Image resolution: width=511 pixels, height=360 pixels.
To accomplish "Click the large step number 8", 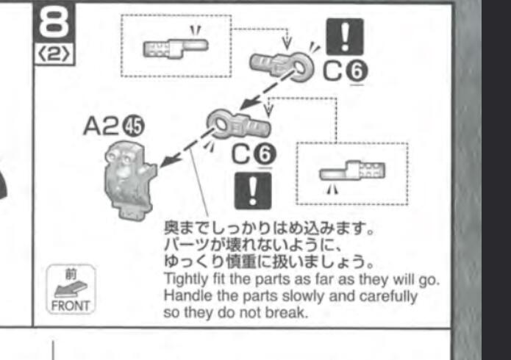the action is coord(54,22).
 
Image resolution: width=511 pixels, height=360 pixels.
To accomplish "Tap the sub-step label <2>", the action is coord(54,54).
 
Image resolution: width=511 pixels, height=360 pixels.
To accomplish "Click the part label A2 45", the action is coord(114,126).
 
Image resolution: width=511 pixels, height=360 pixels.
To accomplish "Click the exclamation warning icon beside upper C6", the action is coord(345,37).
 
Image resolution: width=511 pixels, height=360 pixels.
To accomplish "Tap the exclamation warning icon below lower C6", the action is coord(253,191).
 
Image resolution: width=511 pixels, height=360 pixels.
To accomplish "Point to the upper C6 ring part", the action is coord(282,66).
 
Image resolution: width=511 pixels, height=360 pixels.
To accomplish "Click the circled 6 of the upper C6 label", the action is coord(357,72).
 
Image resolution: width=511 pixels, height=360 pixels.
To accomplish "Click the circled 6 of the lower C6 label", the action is coord(265,154).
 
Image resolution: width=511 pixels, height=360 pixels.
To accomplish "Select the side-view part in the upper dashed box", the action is coord(176,49).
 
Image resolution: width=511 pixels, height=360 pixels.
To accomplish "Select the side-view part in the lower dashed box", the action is coord(352,170).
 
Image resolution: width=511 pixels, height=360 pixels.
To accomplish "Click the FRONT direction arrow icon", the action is coord(71,289).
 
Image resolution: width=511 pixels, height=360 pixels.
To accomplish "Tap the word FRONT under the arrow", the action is coord(71,306).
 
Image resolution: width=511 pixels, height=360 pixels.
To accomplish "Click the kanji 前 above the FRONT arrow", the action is coord(71,274).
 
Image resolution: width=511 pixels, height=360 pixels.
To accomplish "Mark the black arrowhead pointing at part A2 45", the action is coord(167,161).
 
